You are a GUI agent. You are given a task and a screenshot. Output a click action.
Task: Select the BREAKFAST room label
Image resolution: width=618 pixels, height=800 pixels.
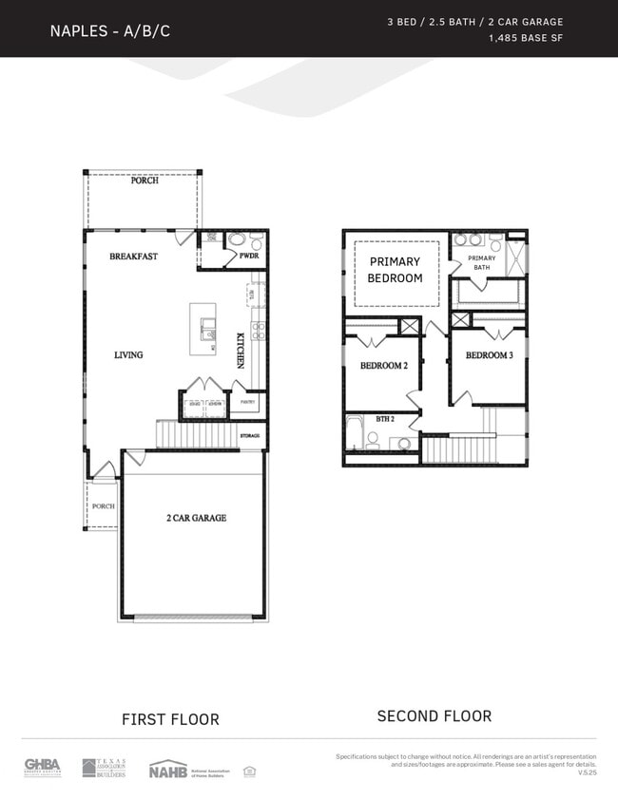pos(133,257)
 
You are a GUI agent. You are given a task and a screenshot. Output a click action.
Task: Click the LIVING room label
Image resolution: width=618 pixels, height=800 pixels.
pos(128,355)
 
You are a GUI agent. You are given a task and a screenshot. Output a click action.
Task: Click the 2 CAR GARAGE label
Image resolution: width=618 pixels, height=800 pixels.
pos(196,518)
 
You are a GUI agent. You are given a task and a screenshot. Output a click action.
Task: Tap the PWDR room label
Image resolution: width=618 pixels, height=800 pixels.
pos(250,257)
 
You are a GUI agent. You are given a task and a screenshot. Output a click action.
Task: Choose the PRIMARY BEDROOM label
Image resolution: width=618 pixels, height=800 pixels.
pos(395,270)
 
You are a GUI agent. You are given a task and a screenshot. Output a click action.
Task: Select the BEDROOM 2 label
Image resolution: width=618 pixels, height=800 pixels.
pos(383,366)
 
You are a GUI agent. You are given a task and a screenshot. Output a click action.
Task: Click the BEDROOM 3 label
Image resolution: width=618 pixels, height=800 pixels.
pos(489,355)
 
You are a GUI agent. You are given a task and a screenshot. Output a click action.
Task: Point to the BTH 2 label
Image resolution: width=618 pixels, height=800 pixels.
pos(384,419)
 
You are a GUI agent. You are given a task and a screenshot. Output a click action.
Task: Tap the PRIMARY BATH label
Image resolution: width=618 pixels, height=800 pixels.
pos(482,262)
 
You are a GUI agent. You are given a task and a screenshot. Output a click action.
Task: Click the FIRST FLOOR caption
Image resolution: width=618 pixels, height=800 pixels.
pos(170,719)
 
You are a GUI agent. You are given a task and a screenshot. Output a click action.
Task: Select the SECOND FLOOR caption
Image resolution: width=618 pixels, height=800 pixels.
pos(434,715)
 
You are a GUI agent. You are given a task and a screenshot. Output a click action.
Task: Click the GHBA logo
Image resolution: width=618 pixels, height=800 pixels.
pos(43,767)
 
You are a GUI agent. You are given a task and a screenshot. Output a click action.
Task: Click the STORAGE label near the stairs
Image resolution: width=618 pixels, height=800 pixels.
pos(250,436)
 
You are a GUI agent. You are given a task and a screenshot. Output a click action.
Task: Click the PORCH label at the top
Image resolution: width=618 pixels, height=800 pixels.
pos(145,181)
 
